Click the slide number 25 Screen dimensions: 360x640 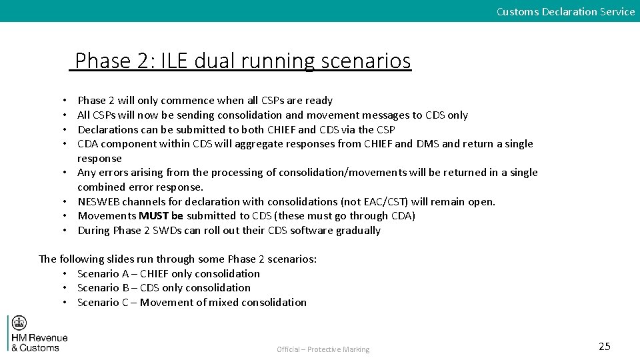pos(604,346)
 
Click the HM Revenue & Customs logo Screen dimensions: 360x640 pos(39,333)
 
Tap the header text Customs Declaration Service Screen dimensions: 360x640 pos(565,11)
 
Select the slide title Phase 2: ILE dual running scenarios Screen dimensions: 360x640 pos(243,61)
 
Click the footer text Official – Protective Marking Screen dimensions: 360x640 pos(323,349)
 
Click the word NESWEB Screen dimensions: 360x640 pos(98,201)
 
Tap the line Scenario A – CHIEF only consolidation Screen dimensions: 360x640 pos(169,273)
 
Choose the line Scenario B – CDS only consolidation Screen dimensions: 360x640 pos(164,288)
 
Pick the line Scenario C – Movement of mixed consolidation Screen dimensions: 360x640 pos(192,303)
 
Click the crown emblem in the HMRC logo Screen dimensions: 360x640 pos(19,323)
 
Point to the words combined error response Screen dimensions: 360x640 pos(141,187)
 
